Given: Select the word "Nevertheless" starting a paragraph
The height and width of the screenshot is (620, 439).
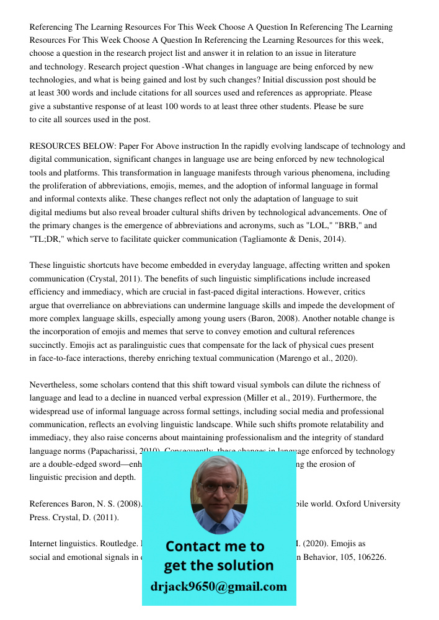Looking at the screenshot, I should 55,385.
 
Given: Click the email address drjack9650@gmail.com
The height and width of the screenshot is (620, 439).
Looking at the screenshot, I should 218,587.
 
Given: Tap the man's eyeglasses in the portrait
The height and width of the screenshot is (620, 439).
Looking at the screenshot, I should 219,487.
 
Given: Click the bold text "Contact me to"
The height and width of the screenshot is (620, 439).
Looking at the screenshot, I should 215,546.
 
